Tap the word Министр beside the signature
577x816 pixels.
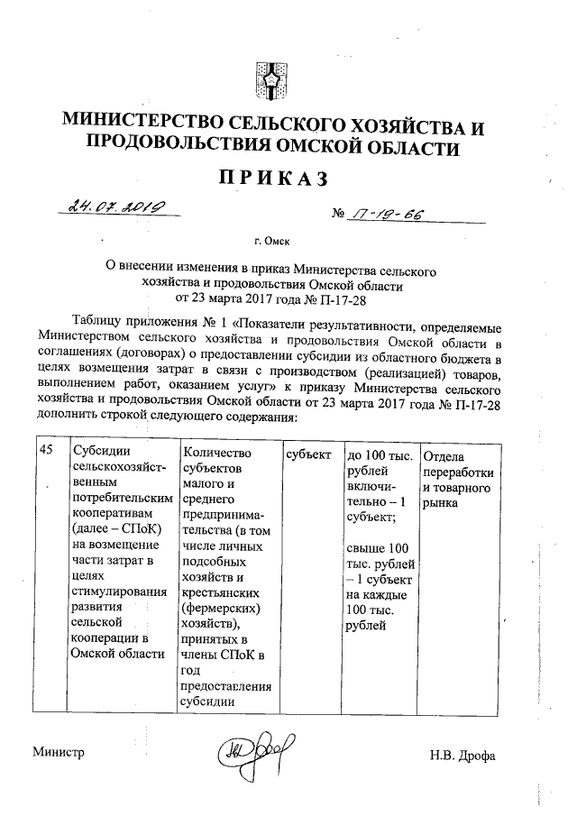point(59,753)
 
